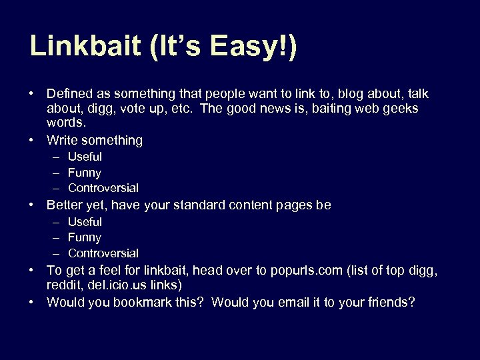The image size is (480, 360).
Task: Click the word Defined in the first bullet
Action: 69,94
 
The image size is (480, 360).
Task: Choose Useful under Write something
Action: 85,157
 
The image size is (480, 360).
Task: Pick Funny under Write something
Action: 85,173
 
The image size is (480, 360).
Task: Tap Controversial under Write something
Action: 103,188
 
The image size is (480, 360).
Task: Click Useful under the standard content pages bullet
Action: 85,221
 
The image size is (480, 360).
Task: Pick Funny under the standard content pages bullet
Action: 85,237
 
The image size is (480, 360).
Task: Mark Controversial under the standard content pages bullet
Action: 103,253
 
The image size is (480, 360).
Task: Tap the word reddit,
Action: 63,285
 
